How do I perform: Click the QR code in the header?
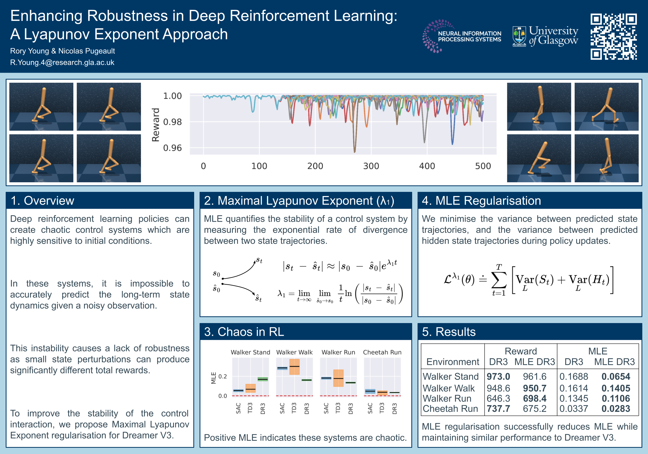click(x=614, y=37)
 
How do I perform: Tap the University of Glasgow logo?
click(x=545, y=36)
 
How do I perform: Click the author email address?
click(x=62, y=62)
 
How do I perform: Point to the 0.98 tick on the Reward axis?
click(x=172, y=122)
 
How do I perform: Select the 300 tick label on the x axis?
click(x=371, y=166)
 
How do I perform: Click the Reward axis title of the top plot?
click(x=156, y=124)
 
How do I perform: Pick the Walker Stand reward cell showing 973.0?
click(x=498, y=376)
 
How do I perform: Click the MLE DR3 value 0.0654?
click(x=616, y=376)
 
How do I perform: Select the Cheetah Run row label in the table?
click(x=450, y=409)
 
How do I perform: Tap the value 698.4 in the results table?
click(x=534, y=398)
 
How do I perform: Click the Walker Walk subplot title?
click(x=294, y=352)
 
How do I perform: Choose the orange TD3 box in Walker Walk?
click(x=294, y=367)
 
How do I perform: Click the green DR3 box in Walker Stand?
click(x=263, y=379)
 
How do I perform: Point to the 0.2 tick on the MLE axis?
click(x=222, y=376)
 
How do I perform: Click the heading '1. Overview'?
click(x=42, y=200)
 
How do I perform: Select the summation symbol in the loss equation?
click(x=499, y=280)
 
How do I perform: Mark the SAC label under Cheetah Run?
click(x=370, y=408)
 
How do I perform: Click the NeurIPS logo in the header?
click(x=462, y=36)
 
